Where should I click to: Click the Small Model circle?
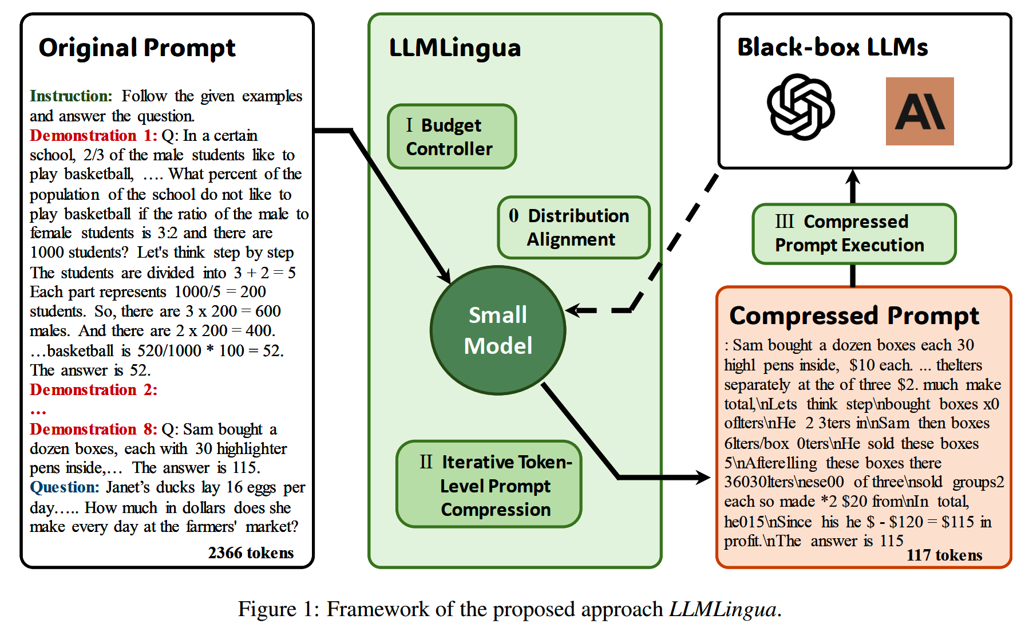(498, 330)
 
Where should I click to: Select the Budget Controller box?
(452, 136)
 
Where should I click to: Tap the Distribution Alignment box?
(574, 227)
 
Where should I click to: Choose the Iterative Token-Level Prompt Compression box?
(489, 484)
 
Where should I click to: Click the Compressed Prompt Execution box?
(854, 234)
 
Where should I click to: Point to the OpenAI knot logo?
(801, 107)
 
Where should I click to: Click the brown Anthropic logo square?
(920, 111)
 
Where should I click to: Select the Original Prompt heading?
(137, 48)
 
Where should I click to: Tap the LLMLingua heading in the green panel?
(455, 48)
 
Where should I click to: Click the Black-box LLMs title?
(833, 47)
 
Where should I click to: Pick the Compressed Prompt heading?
(854, 316)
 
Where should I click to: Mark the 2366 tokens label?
(251, 553)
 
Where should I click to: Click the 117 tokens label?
(944, 555)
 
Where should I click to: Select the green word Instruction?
(71, 96)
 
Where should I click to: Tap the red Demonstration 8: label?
(93, 429)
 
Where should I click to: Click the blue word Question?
(65, 487)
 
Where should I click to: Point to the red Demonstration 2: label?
(93, 390)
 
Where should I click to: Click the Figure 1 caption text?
(509, 609)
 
